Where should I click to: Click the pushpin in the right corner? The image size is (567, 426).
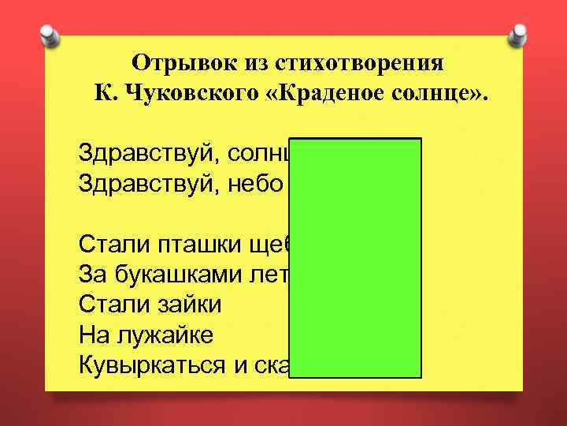click(520, 35)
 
